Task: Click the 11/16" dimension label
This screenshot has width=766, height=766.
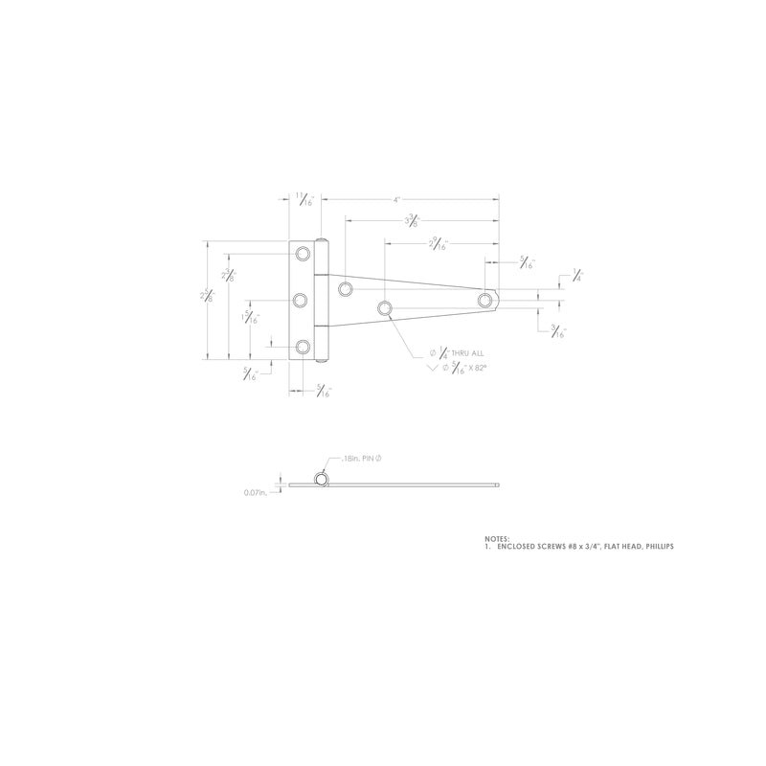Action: point(304,201)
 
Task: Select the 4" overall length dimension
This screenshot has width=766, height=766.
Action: point(396,200)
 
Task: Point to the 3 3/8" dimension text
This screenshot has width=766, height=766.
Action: point(413,221)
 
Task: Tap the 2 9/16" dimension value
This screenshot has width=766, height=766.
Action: point(438,244)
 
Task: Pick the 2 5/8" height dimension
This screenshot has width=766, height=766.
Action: point(208,297)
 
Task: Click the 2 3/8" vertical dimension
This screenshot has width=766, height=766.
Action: point(229,276)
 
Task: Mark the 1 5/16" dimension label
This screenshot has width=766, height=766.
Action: point(249,318)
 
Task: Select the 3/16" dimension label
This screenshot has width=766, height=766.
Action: point(558,332)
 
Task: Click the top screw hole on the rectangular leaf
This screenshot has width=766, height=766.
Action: point(303,254)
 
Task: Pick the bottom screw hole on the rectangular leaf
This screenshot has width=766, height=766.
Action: point(303,346)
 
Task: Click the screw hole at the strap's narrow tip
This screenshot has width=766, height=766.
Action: point(485,301)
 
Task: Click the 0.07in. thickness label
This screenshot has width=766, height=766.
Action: point(257,493)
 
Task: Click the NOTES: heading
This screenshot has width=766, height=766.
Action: point(497,539)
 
